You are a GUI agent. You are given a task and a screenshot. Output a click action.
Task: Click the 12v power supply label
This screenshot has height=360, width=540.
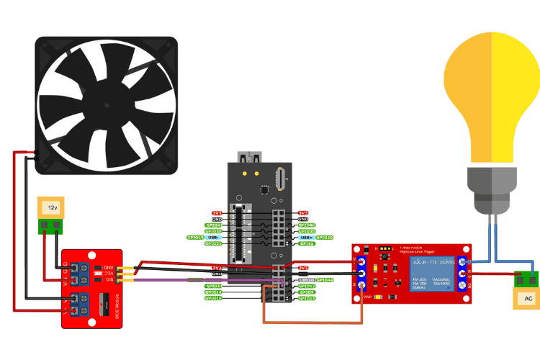coord(52,207)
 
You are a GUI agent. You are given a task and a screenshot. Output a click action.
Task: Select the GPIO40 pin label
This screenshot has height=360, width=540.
coord(307,225)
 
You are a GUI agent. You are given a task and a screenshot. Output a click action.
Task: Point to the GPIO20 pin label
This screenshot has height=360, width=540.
coord(325,238)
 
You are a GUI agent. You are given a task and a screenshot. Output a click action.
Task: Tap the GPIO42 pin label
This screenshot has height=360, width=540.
coord(307,243)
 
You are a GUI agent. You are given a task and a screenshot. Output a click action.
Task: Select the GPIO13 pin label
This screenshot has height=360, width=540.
coord(307,298)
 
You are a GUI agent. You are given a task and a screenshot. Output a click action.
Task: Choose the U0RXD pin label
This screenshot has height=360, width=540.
coord(305,279)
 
